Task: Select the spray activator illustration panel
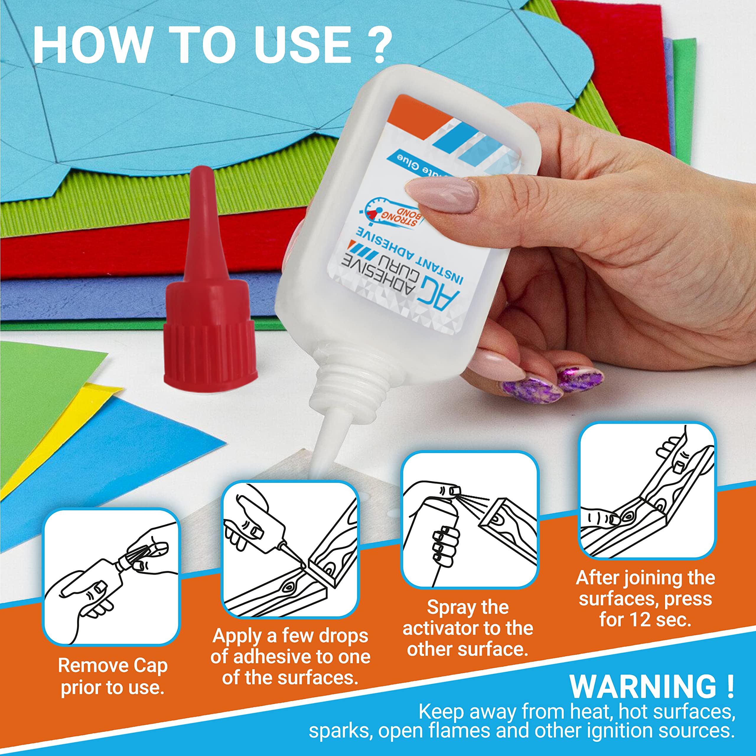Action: [469, 520]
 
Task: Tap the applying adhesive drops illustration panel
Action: [290, 550]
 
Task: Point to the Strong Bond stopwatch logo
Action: [391, 214]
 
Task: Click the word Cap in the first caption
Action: [150, 666]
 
